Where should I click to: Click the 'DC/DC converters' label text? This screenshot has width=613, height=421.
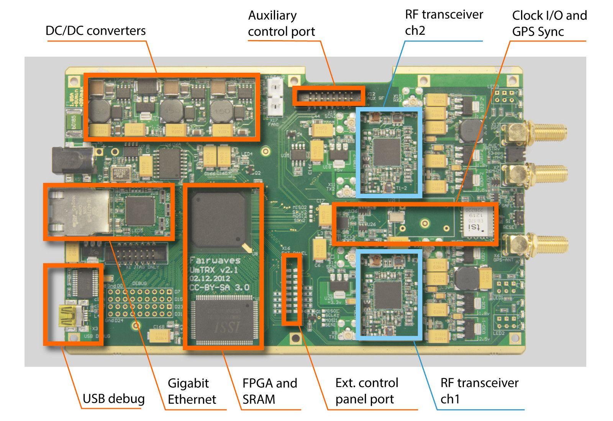(95, 31)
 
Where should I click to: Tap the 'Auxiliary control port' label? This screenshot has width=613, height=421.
(281, 23)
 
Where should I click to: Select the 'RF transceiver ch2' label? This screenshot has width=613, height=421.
(444, 22)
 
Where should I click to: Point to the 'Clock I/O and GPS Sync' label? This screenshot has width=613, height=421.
(549, 23)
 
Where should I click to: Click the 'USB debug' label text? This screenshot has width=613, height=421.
(113, 399)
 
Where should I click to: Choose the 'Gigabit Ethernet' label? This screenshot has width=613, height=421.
(192, 391)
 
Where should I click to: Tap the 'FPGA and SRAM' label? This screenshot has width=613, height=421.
(269, 391)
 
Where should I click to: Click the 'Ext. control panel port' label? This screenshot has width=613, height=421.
(367, 391)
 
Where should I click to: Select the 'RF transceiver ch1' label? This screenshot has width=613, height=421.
(479, 391)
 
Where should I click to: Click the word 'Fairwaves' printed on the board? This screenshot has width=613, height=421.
(215, 260)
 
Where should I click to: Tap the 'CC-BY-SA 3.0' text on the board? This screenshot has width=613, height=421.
(219, 287)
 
